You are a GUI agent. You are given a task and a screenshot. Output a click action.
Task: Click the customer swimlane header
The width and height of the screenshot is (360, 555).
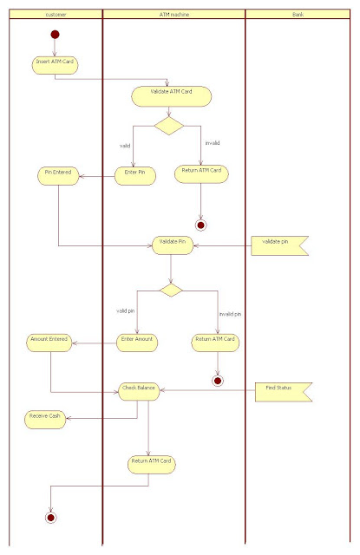(x=54, y=16)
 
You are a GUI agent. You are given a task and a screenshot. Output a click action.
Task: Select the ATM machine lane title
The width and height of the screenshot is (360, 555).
(x=173, y=16)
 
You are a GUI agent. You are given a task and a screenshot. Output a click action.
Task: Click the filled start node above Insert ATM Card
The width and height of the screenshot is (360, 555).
(x=55, y=35)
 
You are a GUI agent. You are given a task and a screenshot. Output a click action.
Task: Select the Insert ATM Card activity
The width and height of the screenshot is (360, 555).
(x=53, y=62)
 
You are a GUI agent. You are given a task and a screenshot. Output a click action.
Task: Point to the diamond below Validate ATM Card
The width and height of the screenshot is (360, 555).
(x=168, y=126)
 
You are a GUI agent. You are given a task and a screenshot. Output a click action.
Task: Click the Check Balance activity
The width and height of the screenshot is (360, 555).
(x=139, y=391)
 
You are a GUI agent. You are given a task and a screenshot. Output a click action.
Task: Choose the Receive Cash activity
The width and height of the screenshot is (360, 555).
(x=45, y=418)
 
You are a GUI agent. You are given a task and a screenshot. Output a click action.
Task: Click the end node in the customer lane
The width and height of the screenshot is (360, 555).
(x=51, y=518)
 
